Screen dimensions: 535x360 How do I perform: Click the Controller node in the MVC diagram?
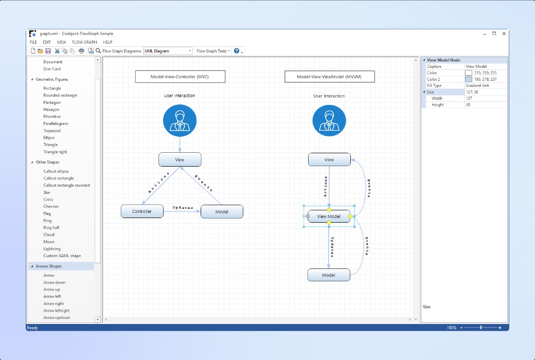click(x=142, y=211)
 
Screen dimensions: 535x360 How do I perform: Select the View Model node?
click(x=329, y=217)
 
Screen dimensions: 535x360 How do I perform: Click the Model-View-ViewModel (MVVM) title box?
click(x=330, y=77)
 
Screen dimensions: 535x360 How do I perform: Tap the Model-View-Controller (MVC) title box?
click(x=180, y=77)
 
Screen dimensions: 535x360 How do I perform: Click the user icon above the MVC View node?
click(x=180, y=120)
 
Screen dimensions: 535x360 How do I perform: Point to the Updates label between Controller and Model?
click(x=183, y=207)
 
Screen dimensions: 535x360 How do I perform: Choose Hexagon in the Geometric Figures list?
click(x=51, y=110)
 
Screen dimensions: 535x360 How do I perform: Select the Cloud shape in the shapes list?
click(x=49, y=235)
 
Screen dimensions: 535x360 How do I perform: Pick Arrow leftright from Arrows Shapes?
click(x=56, y=311)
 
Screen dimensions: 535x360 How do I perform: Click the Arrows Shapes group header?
click(x=48, y=266)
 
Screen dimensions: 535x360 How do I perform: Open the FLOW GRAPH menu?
click(x=84, y=42)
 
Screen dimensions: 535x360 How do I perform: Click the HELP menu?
click(x=108, y=42)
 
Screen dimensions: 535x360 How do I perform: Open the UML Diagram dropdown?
click(x=168, y=51)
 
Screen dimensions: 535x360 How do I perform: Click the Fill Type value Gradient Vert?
click(x=477, y=86)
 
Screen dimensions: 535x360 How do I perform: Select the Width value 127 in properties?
click(x=469, y=98)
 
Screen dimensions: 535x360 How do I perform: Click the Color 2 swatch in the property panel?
click(x=469, y=79)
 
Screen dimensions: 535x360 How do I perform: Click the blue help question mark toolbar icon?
click(x=237, y=51)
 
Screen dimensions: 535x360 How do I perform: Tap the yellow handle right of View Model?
click(x=350, y=217)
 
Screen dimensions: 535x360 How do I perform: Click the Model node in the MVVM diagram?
click(x=329, y=275)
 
